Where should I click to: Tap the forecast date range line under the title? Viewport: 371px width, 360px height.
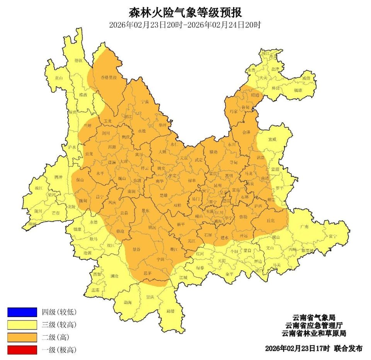click(x=185, y=25)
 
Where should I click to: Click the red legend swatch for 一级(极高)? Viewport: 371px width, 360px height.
click(x=22, y=350)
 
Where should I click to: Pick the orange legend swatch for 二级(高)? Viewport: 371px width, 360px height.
click(x=22, y=337)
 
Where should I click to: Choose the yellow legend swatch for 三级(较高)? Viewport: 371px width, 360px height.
click(x=22, y=324)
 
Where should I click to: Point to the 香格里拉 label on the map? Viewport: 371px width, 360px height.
click(x=109, y=77)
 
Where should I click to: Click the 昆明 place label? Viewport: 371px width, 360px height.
click(x=218, y=186)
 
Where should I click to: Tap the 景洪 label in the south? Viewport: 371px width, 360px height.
click(x=150, y=297)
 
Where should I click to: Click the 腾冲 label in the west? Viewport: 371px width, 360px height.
click(x=58, y=177)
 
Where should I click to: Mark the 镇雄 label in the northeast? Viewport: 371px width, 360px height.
click(x=298, y=90)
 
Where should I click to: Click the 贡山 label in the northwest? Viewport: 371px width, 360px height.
click(x=58, y=78)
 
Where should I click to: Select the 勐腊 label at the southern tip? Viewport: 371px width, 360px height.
click(x=170, y=311)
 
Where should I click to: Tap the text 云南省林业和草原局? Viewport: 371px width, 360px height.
click(x=313, y=333)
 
